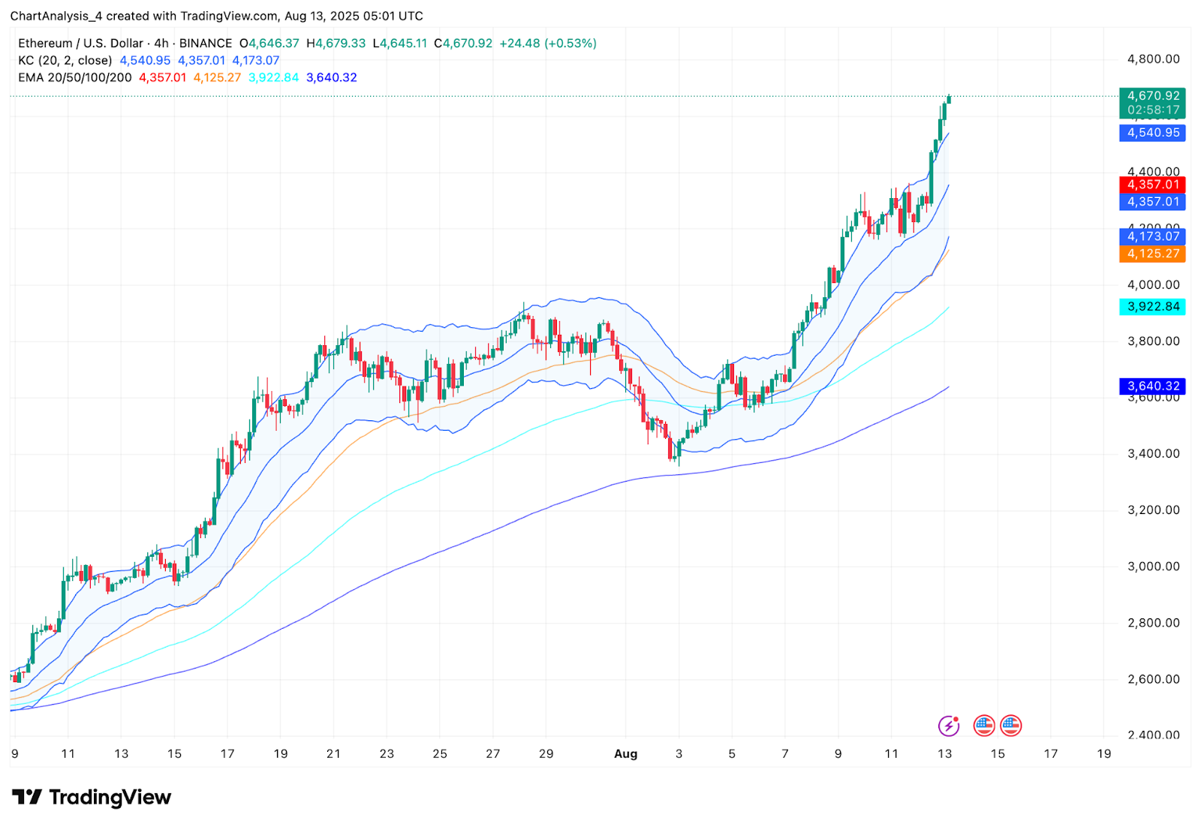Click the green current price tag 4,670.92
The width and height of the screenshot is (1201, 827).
coord(1152,96)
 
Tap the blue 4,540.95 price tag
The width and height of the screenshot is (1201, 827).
coord(1152,133)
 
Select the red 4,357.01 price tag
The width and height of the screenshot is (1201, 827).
coord(1152,185)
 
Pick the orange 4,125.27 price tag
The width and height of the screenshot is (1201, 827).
coord(1152,254)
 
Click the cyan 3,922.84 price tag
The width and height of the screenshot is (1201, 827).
coord(1152,306)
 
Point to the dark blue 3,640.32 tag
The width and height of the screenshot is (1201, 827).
coord(1152,386)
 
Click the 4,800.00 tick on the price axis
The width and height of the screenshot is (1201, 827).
coord(1153,59)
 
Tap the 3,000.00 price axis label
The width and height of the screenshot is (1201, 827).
coord(1153,567)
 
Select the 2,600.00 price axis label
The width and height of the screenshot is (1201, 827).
coord(1153,679)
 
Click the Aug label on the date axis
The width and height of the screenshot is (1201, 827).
coord(625,753)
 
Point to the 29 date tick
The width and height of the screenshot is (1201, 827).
coord(546,753)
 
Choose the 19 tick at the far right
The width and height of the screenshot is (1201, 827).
coord(1103,753)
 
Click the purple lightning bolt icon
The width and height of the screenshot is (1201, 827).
coord(949,726)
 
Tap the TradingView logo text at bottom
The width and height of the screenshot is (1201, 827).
coord(110,797)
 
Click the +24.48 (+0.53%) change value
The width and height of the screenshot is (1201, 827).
coord(548,44)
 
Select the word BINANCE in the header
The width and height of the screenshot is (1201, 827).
coord(206,44)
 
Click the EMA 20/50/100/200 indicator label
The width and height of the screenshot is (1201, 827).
coord(75,77)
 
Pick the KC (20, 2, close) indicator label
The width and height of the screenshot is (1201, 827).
coord(65,60)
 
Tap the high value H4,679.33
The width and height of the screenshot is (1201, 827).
coord(336,44)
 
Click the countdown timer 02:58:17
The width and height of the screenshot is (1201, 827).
coord(1153,110)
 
